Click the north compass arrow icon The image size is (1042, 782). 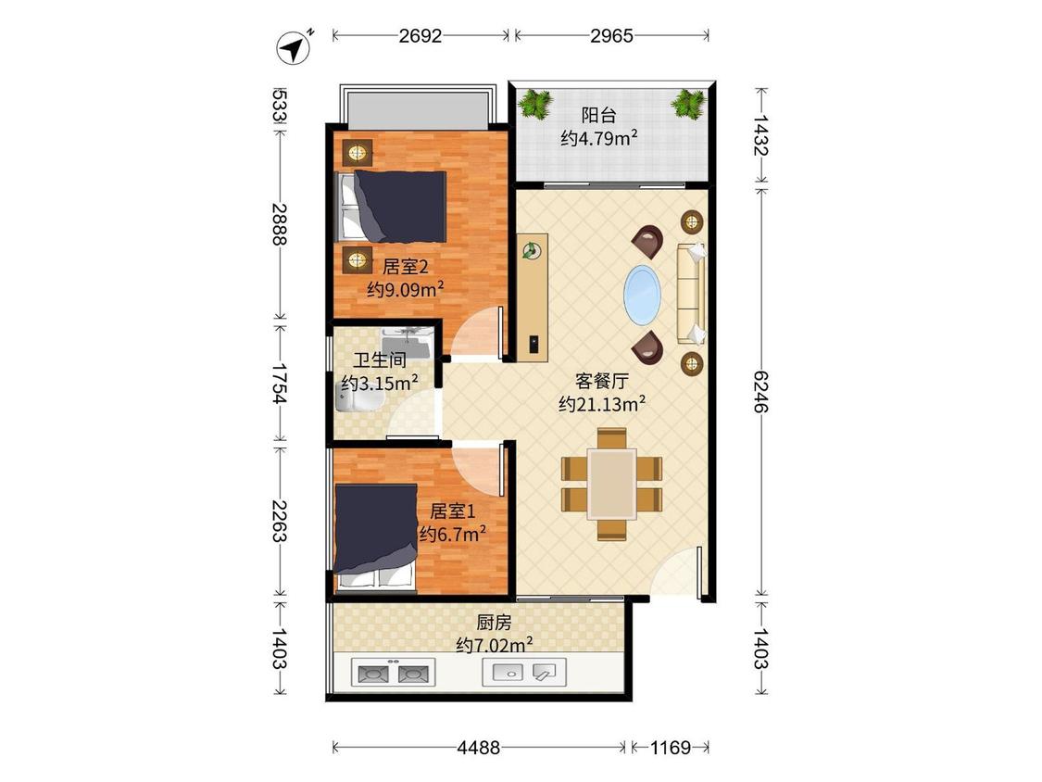pyautogui.click(x=293, y=48)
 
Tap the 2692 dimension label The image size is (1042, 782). pyautogui.click(x=420, y=36)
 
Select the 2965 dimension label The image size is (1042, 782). pyautogui.click(x=611, y=36)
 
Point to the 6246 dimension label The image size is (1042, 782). pyautogui.click(x=761, y=391)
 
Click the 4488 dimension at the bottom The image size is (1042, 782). pyautogui.click(x=479, y=748)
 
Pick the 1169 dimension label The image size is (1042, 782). pyautogui.click(x=670, y=748)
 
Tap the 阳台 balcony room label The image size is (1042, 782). pyautogui.click(x=598, y=115)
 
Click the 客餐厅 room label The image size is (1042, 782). pyautogui.click(x=601, y=381)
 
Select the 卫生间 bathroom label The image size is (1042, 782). pyautogui.click(x=380, y=360)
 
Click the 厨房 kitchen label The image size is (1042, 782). pyautogui.click(x=494, y=623)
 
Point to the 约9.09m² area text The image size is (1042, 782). pyautogui.click(x=406, y=289)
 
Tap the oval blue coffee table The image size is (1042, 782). pyautogui.click(x=642, y=296)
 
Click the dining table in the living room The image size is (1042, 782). pyautogui.click(x=612, y=484)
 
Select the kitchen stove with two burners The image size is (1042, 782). pyautogui.click(x=393, y=673)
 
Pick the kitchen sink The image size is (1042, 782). pyautogui.click(x=523, y=673)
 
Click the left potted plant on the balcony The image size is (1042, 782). pyautogui.click(x=535, y=105)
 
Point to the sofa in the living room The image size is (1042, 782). pyautogui.click(x=690, y=294)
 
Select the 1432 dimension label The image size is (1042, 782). pyautogui.click(x=761, y=135)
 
